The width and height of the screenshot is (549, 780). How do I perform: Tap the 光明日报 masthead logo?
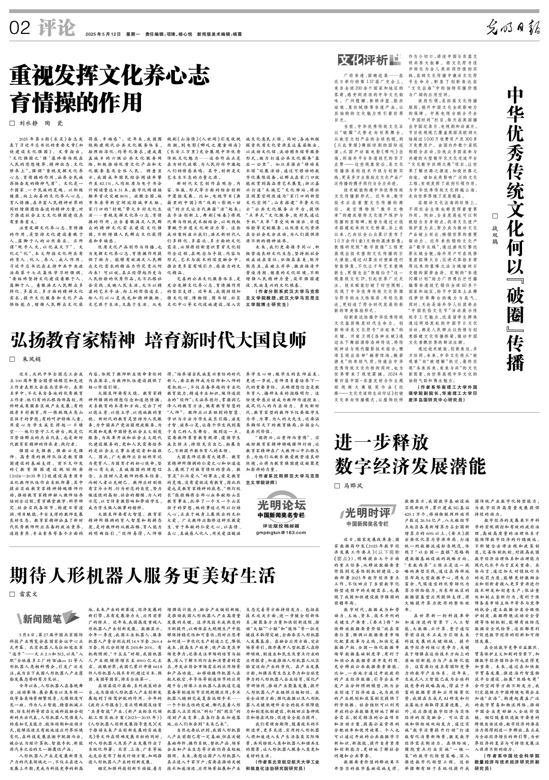(512, 28)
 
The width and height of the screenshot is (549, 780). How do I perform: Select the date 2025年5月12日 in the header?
(103, 34)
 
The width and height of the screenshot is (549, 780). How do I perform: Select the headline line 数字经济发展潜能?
(410, 466)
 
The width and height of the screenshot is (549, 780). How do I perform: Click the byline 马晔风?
(353, 485)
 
